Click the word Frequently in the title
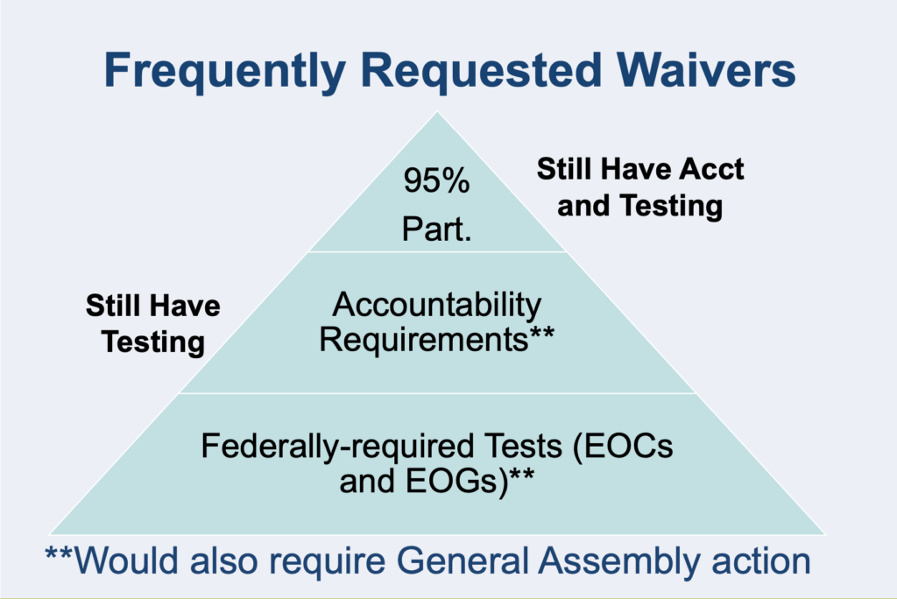pos(225,72)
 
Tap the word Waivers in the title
pos(706,70)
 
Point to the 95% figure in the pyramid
pos(436,180)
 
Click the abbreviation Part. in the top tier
pos(436,229)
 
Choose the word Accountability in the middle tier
pos(436,305)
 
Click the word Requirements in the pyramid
pos(424,339)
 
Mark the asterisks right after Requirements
pos(541,333)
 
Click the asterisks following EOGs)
pos(522,475)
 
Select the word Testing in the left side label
pos(153,342)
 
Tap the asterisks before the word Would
pos(59,553)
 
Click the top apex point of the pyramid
pos(438,111)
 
